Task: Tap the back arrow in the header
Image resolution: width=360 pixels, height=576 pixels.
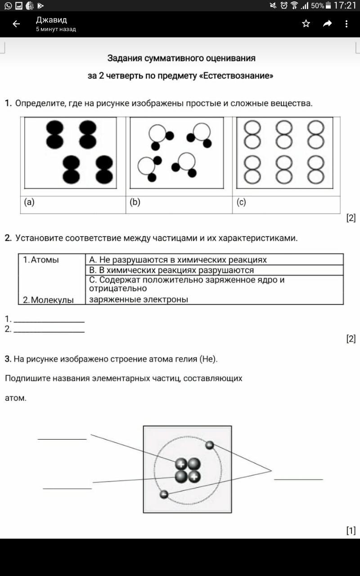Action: (16, 24)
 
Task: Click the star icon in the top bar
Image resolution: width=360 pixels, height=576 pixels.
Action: (306, 23)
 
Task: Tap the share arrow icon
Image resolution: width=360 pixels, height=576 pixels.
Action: (327, 23)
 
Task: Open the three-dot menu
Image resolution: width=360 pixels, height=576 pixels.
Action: (346, 24)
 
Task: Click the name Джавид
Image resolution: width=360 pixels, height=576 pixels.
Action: (51, 20)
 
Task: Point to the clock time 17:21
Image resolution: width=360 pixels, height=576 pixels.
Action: (345, 5)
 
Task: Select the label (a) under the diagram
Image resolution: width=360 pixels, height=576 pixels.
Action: (29, 202)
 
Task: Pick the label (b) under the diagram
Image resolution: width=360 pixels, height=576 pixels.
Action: (135, 202)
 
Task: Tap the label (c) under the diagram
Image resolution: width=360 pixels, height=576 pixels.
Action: (241, 202)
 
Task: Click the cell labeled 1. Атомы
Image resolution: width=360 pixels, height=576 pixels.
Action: (41, 260)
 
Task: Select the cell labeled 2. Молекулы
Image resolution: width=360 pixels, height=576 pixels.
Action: (49, 300)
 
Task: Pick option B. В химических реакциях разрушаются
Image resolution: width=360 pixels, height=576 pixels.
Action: (171, 270)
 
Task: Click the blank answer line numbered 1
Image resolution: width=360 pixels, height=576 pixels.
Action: (49, 319)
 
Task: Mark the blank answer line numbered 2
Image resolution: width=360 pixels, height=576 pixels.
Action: (49, 329)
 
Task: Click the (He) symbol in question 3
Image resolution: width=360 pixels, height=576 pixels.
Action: (208, 359)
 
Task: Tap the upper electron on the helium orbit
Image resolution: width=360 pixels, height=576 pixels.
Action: (209, 445)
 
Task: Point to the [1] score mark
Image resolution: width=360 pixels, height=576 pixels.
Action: (351, 531)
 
